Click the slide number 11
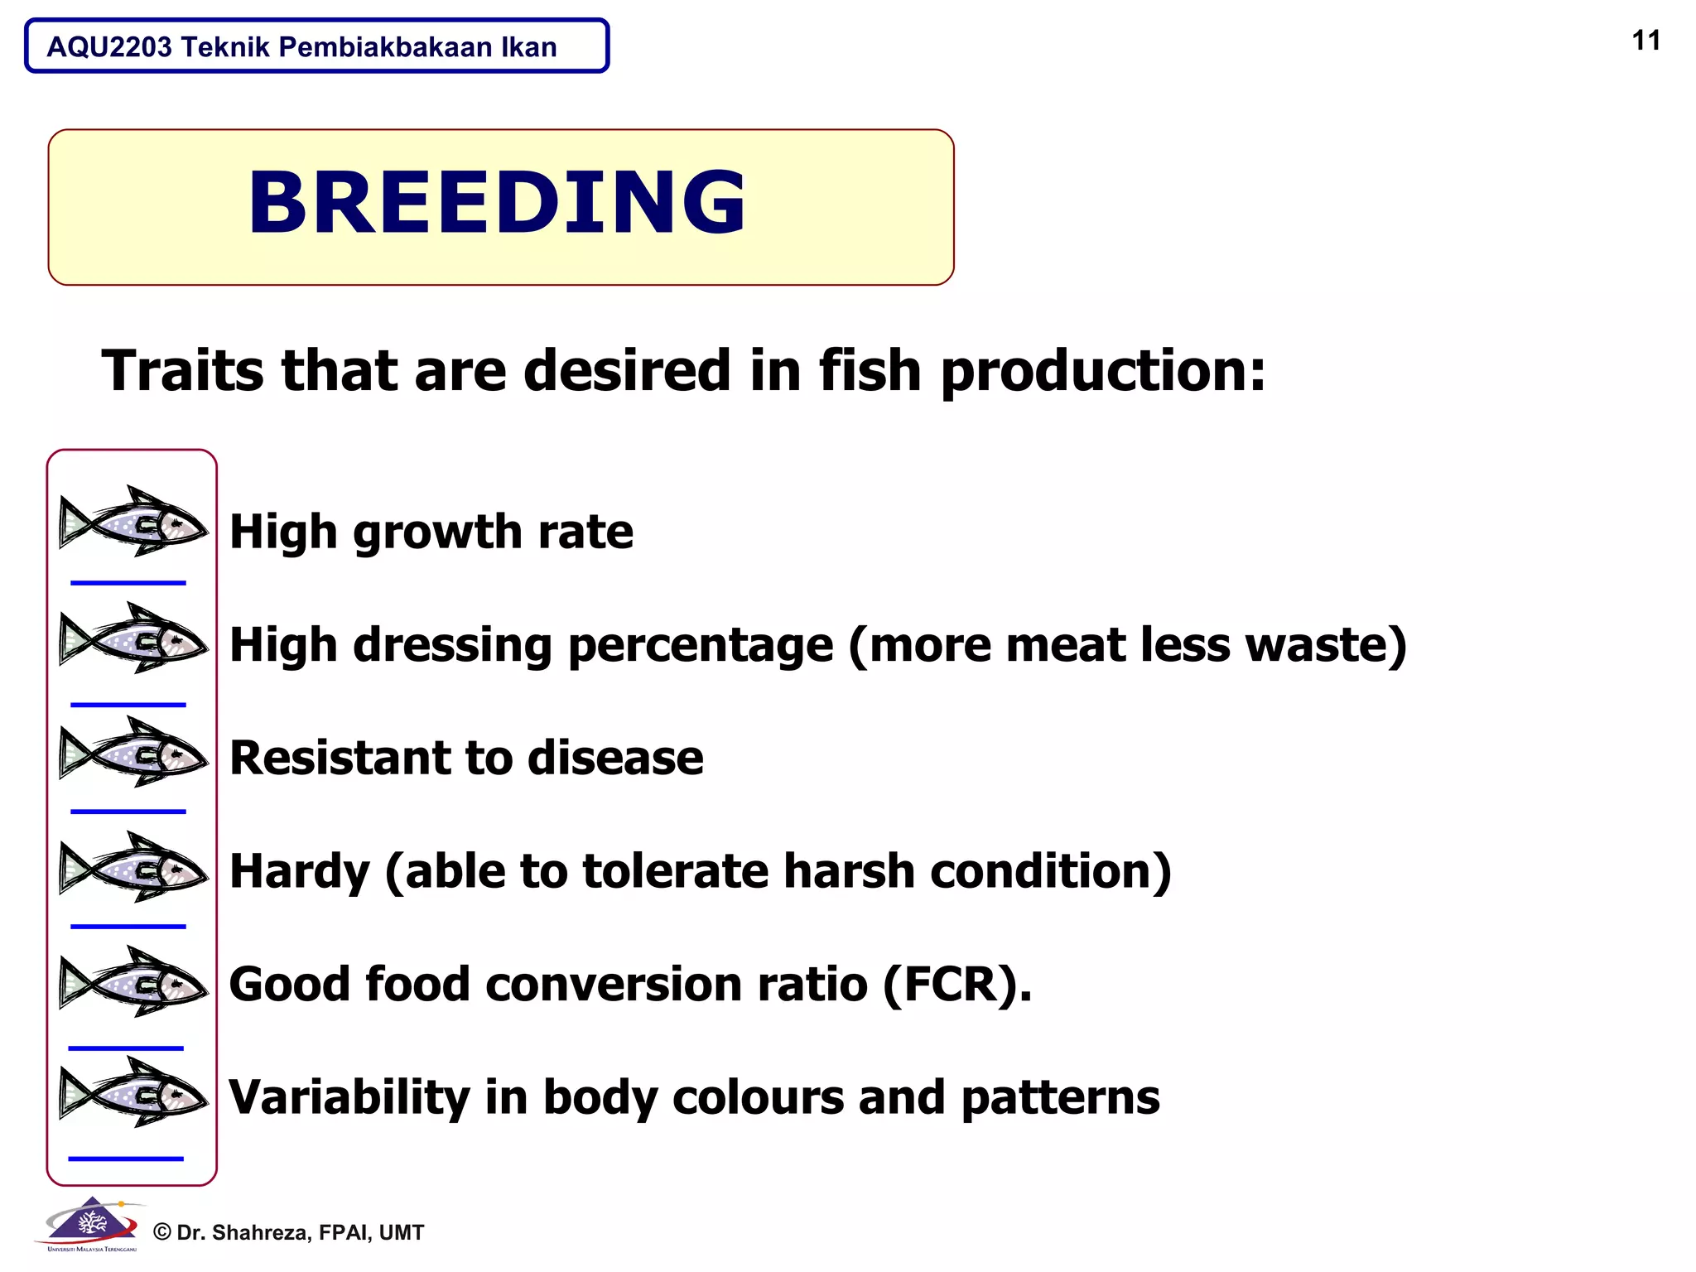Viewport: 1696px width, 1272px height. click(1645, 41)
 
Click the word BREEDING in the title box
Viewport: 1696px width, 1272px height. click(497, 203)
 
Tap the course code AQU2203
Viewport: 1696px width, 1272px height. click(109, 47)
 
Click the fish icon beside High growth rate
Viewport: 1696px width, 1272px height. click(133, 522)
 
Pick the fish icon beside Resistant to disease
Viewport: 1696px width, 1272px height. click(133, 752)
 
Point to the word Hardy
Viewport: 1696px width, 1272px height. click(299, 871)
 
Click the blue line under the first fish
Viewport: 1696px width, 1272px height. click(128, 583)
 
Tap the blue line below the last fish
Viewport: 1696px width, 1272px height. click(126, 1159)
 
